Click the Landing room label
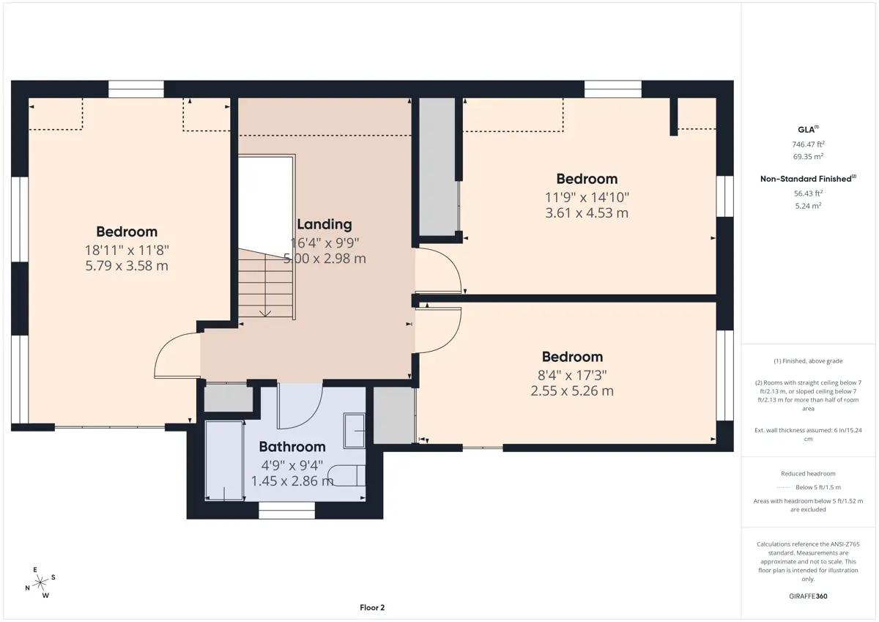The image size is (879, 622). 324,224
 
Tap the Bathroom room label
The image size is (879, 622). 292,447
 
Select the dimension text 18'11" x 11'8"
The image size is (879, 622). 127,250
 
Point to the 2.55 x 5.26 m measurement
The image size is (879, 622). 572,391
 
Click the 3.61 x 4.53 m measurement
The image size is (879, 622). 587,212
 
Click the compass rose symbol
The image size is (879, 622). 40,582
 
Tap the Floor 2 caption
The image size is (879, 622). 372,607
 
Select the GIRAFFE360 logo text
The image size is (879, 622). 808,596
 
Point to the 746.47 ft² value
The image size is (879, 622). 808,144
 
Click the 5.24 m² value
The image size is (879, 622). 808,206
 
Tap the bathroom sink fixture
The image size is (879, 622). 354,431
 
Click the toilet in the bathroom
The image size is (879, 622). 346,476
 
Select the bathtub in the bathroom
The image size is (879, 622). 224,461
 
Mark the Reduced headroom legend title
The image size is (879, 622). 808,473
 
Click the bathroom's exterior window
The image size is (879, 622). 286,510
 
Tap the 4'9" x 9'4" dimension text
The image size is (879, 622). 292,465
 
